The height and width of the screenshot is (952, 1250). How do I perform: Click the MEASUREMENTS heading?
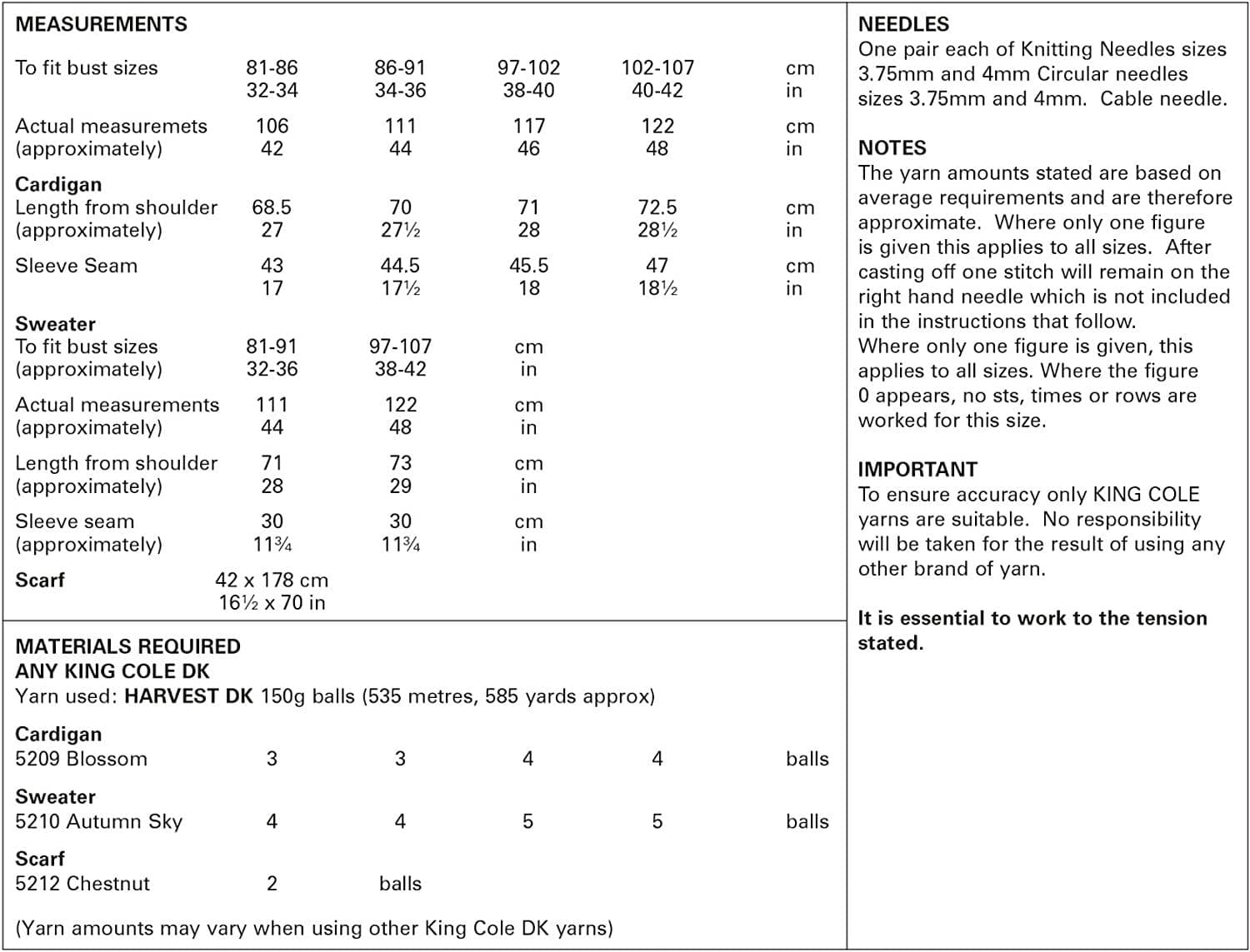point(101,24)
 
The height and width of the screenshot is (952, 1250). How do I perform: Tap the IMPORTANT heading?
point(917,470)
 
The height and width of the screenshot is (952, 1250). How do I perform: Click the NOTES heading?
point(892,148)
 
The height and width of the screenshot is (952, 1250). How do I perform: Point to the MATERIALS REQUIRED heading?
point(127,646)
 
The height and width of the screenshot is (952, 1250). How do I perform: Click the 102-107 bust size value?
point(657,67)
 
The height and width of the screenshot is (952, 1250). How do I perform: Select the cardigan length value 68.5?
point(272,207)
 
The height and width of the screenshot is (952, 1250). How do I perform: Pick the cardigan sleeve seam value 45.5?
point(528,266)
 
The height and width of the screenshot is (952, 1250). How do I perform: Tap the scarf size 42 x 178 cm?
point(272,580)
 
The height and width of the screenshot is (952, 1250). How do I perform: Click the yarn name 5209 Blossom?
point(81,759)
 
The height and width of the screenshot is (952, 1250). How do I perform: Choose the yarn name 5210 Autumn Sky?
point(98,821)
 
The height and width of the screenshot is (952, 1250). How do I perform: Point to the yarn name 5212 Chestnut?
point(82,884)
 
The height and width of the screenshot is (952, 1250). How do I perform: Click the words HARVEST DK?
point(187,696)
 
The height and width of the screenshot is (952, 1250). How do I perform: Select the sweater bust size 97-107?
point(400,346)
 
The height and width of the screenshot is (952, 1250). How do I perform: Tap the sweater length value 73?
point(400,463)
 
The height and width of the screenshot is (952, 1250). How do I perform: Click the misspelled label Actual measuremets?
point(111,126)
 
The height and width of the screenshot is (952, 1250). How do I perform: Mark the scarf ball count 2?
point(272,884)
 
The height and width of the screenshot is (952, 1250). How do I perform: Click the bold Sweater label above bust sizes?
point(55,324)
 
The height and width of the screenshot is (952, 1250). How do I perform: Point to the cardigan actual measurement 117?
point(528,126)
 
